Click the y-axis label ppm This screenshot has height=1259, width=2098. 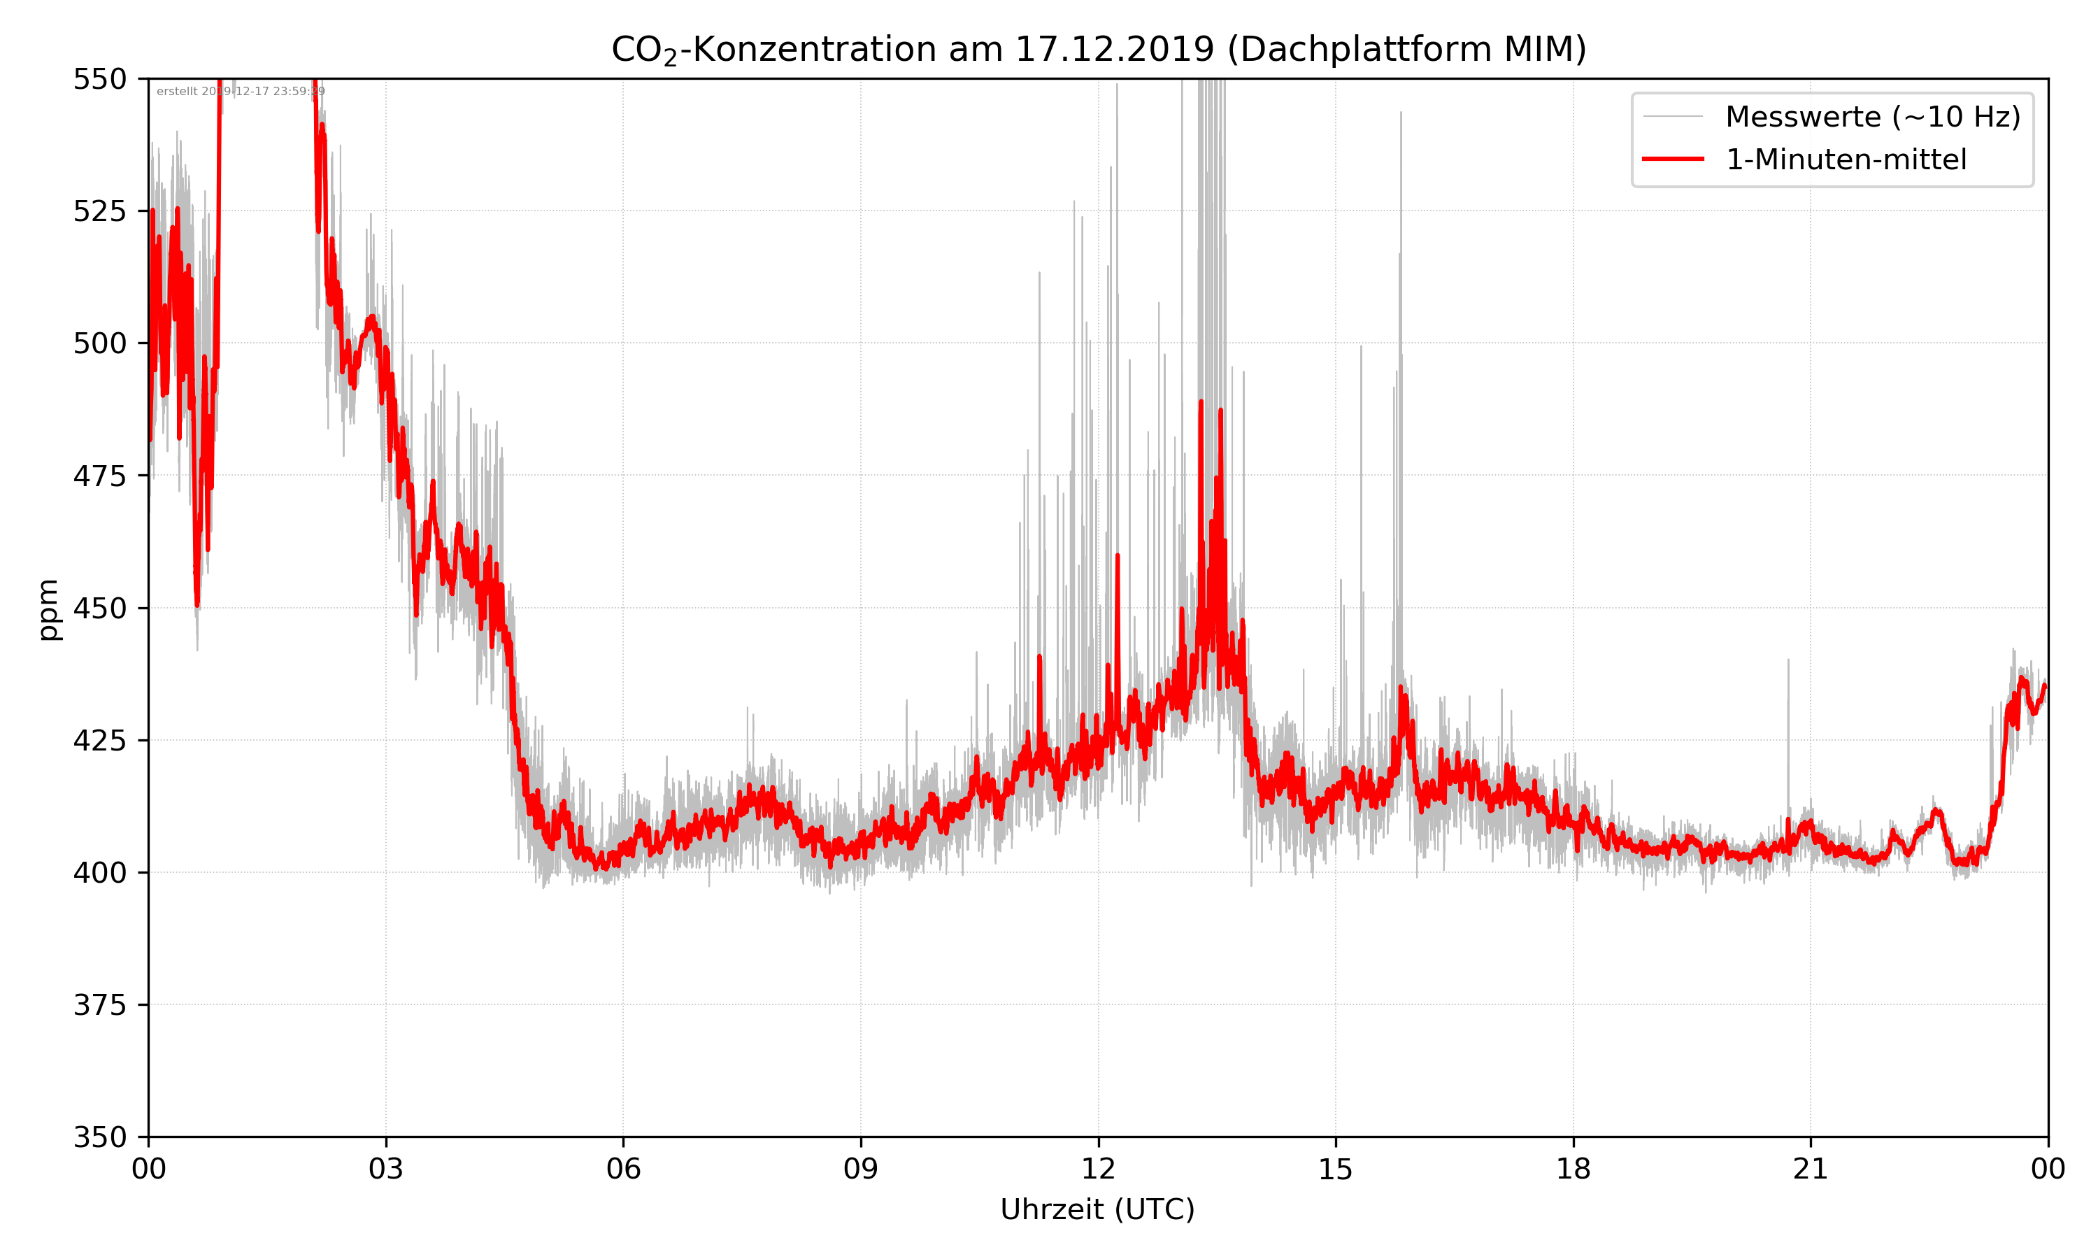click(48, 609)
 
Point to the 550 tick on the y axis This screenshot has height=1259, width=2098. click(99, 79)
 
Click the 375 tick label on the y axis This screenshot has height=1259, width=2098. click(99, 1004)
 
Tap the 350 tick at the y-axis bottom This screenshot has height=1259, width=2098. click(99, 1137)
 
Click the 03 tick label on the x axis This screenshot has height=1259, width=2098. click(386, 1169)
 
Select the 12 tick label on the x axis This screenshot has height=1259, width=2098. click(1098, 1169)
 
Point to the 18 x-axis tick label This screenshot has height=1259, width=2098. click(1573, 1169)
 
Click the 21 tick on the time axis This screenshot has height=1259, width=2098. click(1811, 1169)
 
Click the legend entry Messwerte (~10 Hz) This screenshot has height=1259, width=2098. click(1872, 116)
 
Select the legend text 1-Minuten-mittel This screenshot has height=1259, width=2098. click(1846, 159)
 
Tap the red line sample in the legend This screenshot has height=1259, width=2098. click(1672, 159)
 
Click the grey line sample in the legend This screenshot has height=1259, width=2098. click(1672, 116)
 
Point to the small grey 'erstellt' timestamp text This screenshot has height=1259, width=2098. click(240, 92)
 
